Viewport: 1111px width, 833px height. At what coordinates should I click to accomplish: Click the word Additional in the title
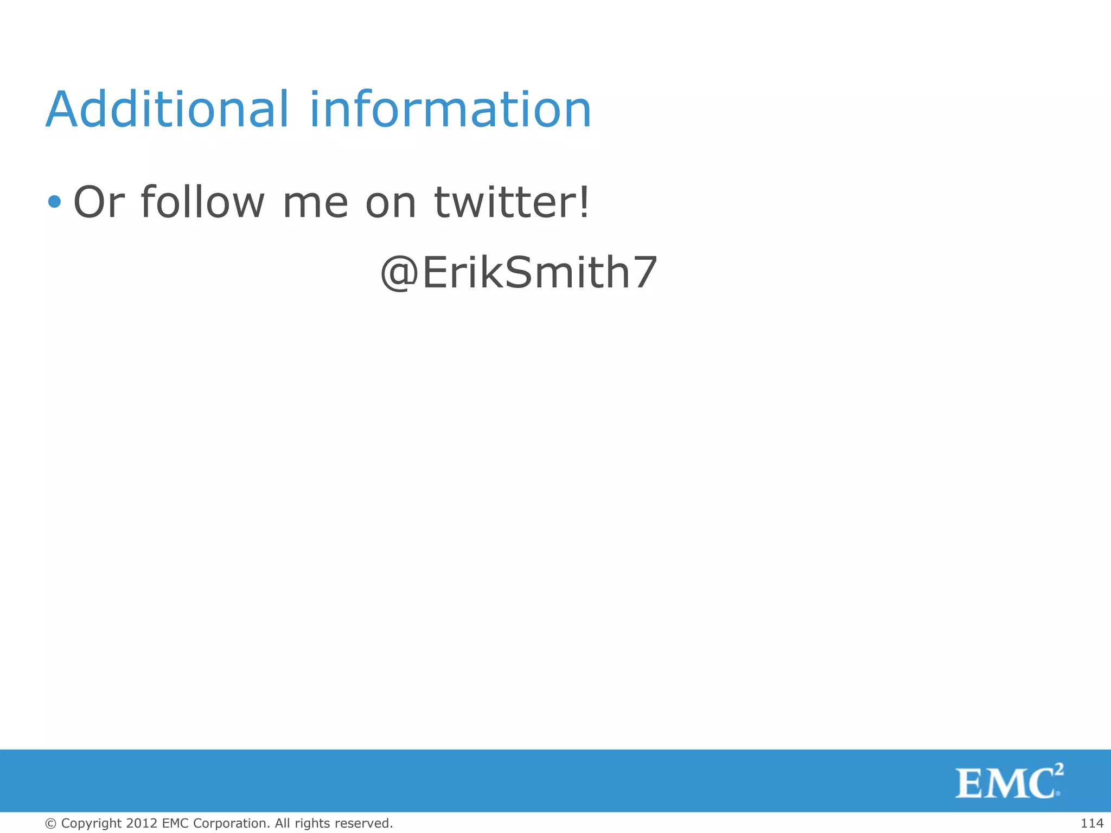167,110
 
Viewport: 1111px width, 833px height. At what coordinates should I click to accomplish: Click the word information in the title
450,110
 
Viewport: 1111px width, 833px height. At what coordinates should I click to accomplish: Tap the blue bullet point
54,202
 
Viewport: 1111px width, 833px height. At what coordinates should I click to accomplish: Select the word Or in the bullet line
99,202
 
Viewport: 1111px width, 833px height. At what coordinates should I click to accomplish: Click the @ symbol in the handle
400,273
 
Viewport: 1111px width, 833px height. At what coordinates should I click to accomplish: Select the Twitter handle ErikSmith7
540,272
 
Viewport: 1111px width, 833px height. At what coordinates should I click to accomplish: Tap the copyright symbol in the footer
51,823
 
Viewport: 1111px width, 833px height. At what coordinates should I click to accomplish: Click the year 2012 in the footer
142,823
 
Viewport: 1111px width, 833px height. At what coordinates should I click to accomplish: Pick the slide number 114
1091,823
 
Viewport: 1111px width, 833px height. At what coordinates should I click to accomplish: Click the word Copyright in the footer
92,823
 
